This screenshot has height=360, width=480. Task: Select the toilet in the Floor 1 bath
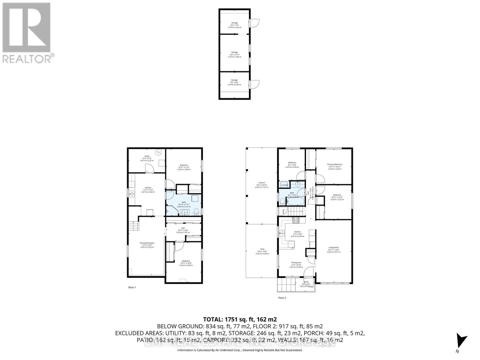pyautogui.click(x=196, y=211)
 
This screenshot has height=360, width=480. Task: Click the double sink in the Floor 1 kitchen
pyautogui.click(x=131, y=193)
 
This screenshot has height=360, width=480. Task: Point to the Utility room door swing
pyautogui.click(x=149, y=168)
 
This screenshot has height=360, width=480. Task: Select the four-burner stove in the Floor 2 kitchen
pyautogui.click(x=295, y=220)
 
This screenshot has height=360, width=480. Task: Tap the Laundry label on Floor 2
pyautogui.click(x=284, y=185)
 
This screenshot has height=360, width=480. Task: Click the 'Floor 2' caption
pyautogui.click(x=282, y=298)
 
